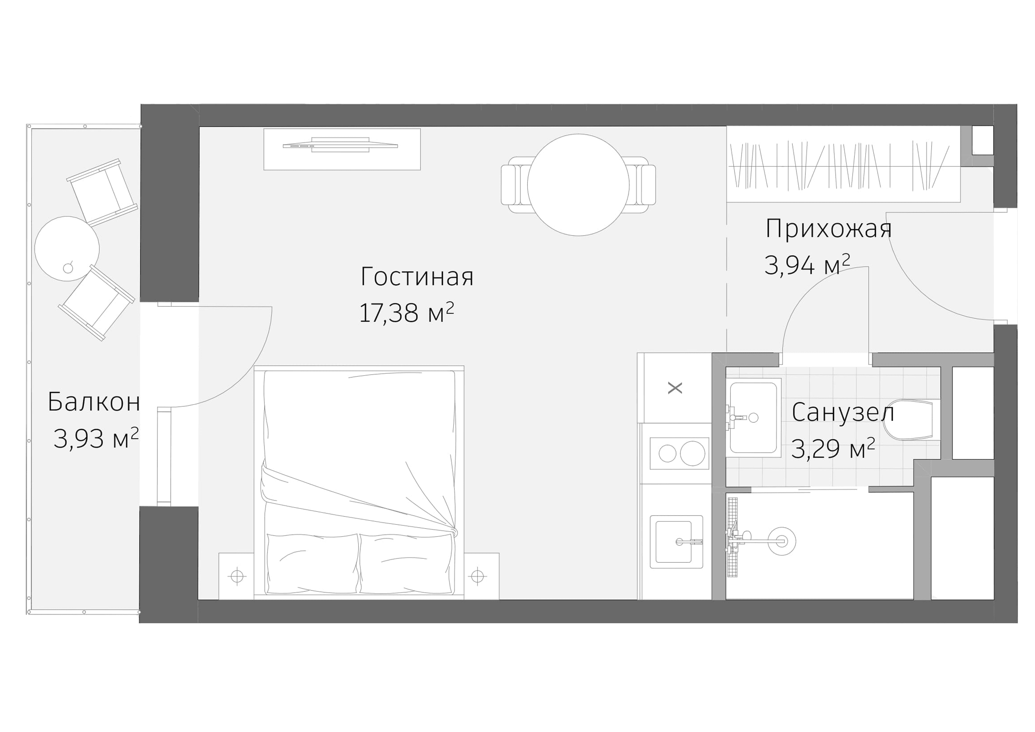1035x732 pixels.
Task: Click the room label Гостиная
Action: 417,277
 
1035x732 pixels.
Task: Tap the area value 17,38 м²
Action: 406,313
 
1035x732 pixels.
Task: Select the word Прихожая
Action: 828,229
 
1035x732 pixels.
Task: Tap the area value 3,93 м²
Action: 96,438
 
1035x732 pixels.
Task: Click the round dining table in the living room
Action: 578,185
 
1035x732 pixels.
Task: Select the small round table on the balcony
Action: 67,248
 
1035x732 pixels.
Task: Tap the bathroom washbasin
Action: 753,418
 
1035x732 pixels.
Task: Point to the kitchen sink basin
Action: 674,542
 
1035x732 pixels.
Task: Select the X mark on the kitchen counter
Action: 674,388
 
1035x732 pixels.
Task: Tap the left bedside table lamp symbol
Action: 237,576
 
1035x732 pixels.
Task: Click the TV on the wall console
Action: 340,145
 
